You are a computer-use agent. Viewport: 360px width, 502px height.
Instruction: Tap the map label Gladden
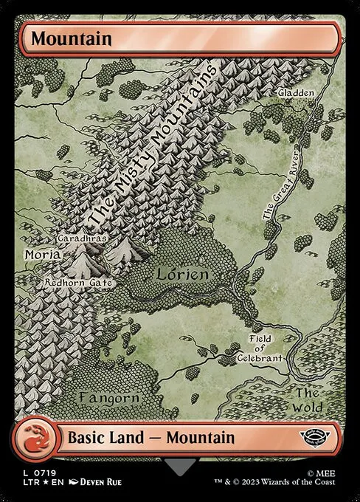coord(296,93)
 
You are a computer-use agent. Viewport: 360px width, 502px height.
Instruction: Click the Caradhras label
coord(81,240)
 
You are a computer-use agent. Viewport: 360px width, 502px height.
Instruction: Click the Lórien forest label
coord(182,274)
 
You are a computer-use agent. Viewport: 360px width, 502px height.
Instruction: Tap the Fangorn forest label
coord(108,398)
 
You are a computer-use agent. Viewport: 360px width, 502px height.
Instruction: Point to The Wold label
coord(306,399)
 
